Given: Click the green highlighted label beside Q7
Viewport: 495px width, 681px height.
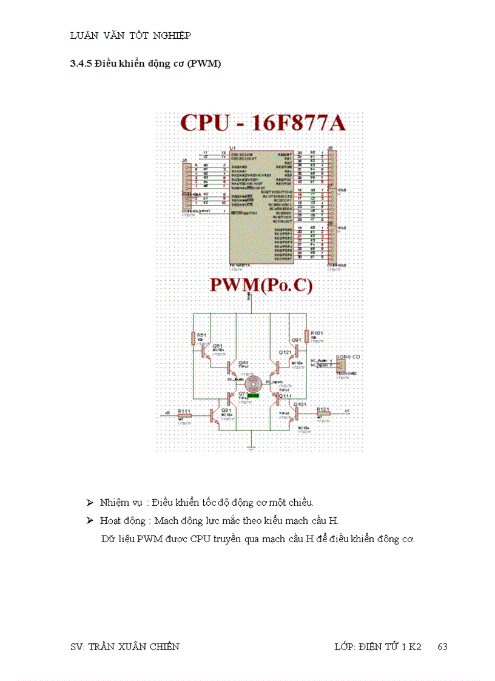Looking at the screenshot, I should (x=254, y=395).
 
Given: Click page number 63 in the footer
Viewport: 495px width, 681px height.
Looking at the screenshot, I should (x=442, y=646).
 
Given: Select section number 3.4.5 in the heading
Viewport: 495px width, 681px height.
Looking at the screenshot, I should (x=80, y=64).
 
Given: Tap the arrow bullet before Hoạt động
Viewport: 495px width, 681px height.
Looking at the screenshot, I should (x=89, y=520).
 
